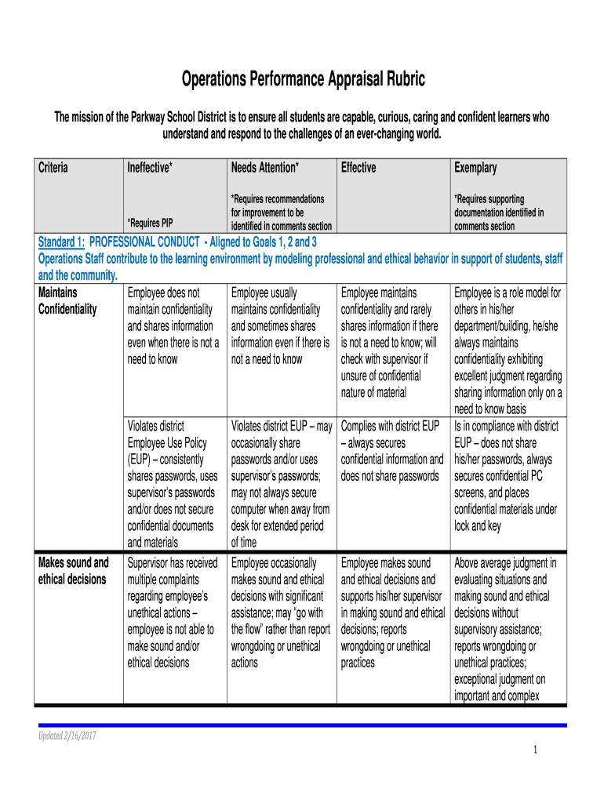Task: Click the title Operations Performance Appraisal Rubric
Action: (x=303, y=79)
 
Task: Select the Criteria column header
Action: (x=53, y=168)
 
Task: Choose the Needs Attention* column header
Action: (x=264, y=168)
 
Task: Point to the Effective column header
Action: (x=358, y=168)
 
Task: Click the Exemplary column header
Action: (x=475, y=168)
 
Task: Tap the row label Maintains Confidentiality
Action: (x=67, y=301)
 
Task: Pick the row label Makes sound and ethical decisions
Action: (x=74, y=571)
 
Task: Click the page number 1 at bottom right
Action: (x=534, y=750)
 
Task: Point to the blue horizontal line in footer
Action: (x=302, y=725)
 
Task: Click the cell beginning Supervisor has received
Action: (x=173, y=612)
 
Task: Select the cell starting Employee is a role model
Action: (x=508, y=351)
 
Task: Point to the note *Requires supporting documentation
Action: (x=498, y=213)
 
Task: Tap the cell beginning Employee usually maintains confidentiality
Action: (x=280, y=326)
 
